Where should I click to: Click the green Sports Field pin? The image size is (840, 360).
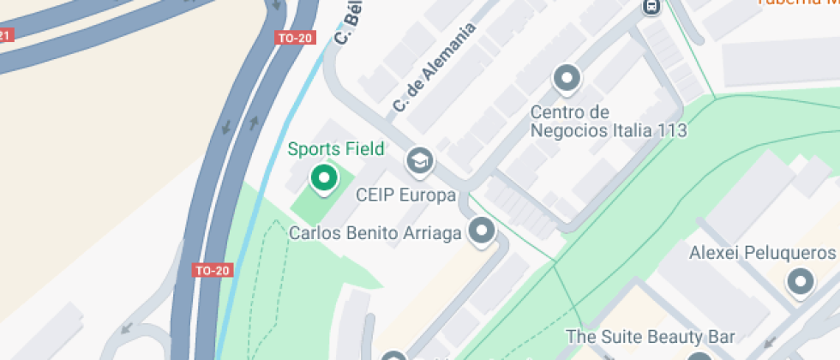(x=323, y=177)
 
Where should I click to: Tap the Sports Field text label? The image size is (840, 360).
(x=336, y=149)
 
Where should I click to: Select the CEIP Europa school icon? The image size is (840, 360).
(x=419, y=160)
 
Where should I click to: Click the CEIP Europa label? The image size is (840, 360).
(x=405, y=195)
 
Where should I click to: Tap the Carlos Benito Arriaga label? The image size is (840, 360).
(x=376, y=233)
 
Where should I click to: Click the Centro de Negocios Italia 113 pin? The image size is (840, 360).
(x=567, y=79)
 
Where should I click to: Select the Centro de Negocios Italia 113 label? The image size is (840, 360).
(x=609, y=122)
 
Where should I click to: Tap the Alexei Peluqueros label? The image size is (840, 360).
(x=762, y=253)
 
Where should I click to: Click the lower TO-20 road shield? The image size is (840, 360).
(x=213, y=270)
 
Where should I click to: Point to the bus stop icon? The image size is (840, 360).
(x=651, y=7)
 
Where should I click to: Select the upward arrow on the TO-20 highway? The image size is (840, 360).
(x=254, y=122)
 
